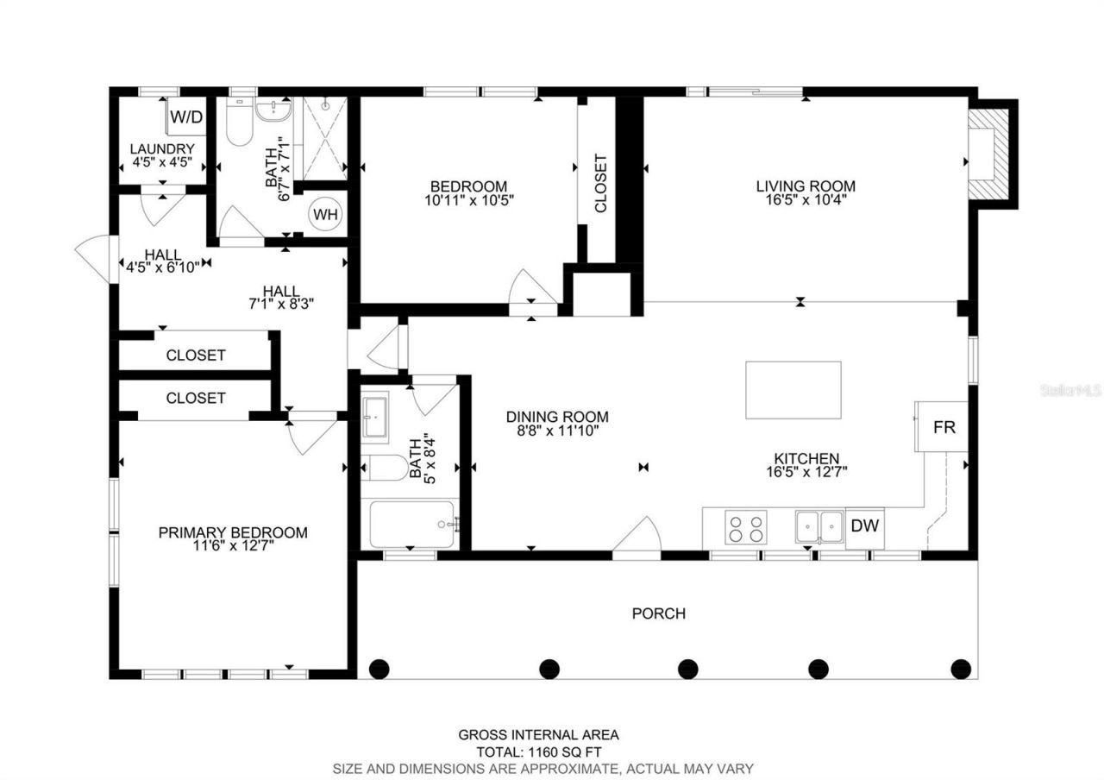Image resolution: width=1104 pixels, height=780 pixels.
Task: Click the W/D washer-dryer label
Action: coord(186,116)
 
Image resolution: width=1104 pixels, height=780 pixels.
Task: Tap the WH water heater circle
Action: coord(325,214)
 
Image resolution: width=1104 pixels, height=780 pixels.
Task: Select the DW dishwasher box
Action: coord(864,525)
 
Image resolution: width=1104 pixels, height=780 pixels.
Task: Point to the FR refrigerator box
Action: coord(944,427)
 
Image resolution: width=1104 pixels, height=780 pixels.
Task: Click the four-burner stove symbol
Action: coord(746,527)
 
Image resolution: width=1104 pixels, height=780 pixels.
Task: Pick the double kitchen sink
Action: coord(819,526)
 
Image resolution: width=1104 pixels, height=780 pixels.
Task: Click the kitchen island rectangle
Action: coord(793,390)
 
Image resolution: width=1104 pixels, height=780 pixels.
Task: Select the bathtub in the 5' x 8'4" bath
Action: coord(413,524)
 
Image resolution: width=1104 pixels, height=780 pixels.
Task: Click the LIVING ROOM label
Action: coord(806,186)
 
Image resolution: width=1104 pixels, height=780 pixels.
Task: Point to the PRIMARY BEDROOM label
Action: coord(232,532)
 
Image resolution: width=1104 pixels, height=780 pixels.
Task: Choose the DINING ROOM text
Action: coord(557,417)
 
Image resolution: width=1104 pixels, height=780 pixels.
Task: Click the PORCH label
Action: coord(659,613)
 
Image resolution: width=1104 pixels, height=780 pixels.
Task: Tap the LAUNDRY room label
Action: coord(162,148)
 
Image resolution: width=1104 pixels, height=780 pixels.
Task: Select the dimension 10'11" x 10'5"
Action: coord(468,200)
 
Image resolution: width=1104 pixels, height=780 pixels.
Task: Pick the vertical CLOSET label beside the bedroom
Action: coord(600,183)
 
